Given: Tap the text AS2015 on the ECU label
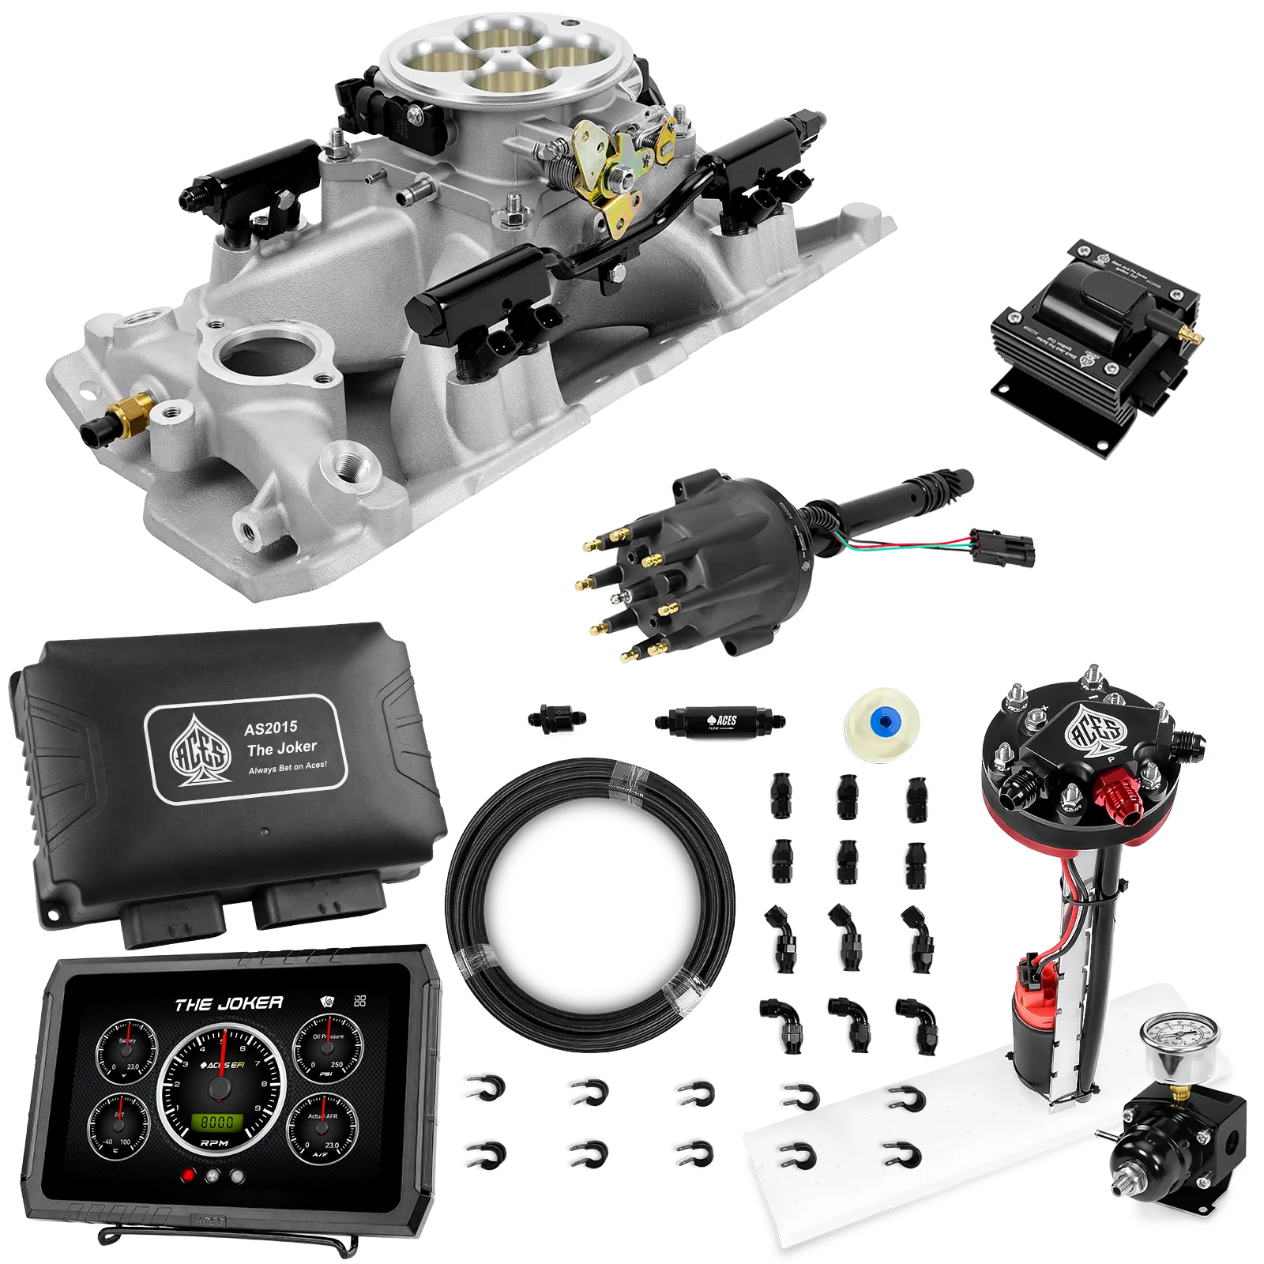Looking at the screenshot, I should pos(270,728).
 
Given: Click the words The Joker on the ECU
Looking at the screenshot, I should pos(281,748).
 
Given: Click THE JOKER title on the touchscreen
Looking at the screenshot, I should pos(229,1004).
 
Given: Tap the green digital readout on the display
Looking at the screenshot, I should pos(217,1122).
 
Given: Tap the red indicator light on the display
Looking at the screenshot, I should pos(188,1175).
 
